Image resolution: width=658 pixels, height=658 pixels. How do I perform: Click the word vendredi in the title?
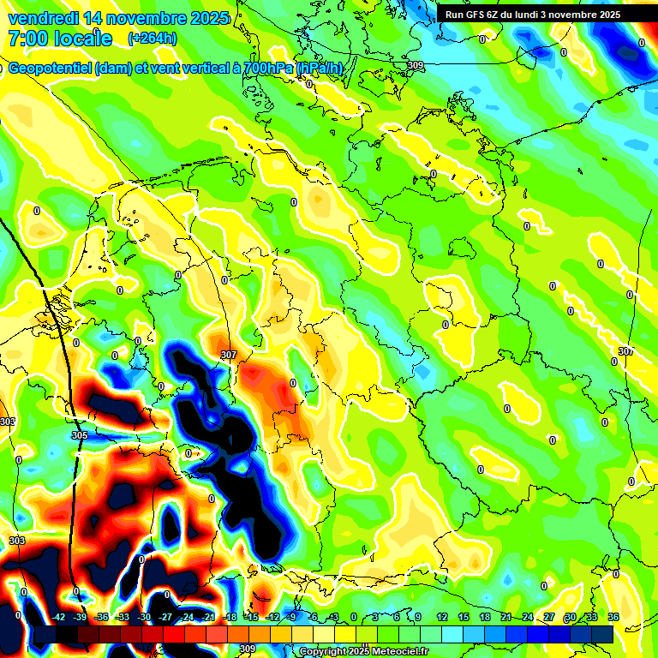(x=42, y=18)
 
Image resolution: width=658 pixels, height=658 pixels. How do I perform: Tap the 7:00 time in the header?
(x=27, y=39)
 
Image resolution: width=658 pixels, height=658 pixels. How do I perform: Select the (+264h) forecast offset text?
(x=152, y=39)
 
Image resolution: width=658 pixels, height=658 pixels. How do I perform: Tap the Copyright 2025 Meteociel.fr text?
(x=363, y=652)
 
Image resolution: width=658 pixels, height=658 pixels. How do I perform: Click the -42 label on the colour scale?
(x=58, y=617)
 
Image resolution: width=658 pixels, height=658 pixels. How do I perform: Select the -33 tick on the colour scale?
(x=123, y=617)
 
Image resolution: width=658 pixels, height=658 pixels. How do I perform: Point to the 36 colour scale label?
(x=613, y=617)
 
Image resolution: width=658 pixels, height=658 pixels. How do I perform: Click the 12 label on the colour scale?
(x=442, y=617)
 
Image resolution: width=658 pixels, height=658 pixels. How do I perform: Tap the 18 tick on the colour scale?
(x=485, y=617)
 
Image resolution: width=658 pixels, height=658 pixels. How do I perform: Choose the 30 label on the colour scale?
(x=571, y=617)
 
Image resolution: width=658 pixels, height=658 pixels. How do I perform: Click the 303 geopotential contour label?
(x=17, y=541)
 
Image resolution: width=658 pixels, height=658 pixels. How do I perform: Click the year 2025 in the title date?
(x=207, y=18)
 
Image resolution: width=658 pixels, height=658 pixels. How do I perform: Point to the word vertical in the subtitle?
(x=192, y=69)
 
